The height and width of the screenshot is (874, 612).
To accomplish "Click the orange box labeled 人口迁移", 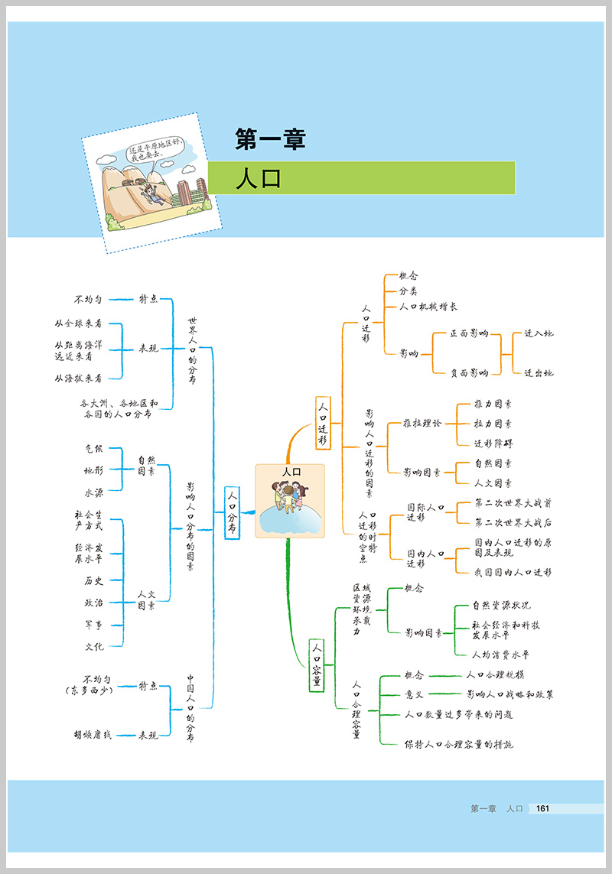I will pyautogui.click(x=323, y=423).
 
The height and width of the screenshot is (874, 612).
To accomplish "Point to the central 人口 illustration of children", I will pyautogui.click(x=290, y=502).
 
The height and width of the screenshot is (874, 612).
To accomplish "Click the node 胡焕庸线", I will pyautogui.click(x=93, y=735).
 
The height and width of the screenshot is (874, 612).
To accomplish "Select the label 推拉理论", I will pyautogui.click(x=423, y=423).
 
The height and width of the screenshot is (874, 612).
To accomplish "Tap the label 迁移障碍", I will pyautogui.click(x=493, y=443).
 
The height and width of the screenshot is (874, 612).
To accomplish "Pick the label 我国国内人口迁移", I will pyautogui.click(x=513, y=571).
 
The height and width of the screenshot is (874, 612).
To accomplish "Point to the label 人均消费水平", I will pyautogui.click(x=501, y=655).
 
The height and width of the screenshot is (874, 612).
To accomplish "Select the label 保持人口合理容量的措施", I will pyautogui.click(x=459, y=743).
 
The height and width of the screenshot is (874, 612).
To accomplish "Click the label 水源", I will pyautogui.click(x=94, y=492).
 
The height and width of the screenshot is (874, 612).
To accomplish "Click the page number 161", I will pyautogui.click(x=543, y=809).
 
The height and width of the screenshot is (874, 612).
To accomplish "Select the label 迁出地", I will pyautogui.click(x=539, y=373).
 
